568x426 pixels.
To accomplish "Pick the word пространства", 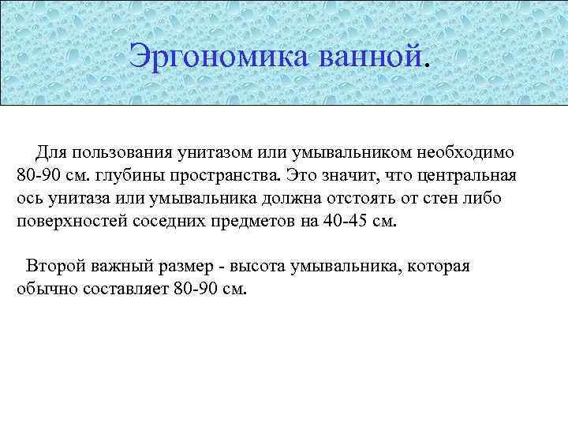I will click(224, 174).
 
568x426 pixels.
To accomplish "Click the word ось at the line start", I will click(30, 197).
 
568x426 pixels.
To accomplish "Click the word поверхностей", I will click(69, 221).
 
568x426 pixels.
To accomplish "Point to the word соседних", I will click(171, 221).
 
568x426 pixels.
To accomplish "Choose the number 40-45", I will click(344, 221).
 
